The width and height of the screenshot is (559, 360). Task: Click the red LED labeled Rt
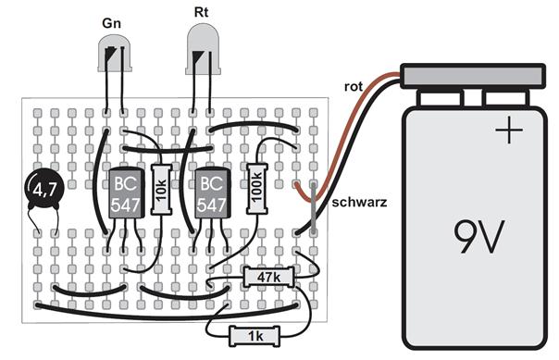tap(203, 49)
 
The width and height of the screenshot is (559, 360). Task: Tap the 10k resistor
tap(161, 190)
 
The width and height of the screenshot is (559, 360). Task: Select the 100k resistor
tap(257, 189)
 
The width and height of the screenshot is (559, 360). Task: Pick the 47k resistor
tap(268, 277)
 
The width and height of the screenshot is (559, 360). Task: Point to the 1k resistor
tap(255, 336)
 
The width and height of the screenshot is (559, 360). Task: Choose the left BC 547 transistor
tap(126, 192)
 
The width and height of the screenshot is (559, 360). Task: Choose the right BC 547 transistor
tap(213, 192)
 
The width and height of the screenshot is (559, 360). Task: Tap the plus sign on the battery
tap(509, 130)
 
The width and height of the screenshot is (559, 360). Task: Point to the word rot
tap(354, 87)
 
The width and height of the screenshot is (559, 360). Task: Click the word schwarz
tap(359, 203)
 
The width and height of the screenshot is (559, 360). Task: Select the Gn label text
tap(112, 23)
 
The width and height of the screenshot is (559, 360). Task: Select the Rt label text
tap(201, 12)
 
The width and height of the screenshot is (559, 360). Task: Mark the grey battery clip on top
tap(473, 76)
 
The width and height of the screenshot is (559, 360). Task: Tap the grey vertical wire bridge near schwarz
tap(314, 208)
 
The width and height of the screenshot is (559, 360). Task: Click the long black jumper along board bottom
tap(167, 314)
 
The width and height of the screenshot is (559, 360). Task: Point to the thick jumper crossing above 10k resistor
tap(168, 149)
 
